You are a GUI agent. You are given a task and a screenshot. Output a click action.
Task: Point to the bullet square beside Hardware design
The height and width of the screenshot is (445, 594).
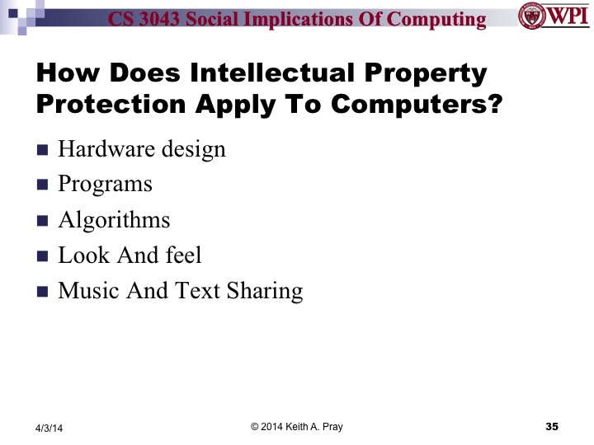point(43,151)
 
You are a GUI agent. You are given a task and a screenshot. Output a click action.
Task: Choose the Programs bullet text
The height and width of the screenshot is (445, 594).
point(105,185)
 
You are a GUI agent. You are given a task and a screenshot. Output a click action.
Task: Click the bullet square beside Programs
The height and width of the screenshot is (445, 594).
point(43,186)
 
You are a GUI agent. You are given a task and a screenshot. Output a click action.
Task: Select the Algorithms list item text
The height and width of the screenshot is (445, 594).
point(114,220)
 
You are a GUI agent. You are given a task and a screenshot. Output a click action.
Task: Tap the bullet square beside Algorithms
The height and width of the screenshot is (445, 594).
point(43,222)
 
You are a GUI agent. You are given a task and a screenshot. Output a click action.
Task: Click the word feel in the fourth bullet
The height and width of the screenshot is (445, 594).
point(183,255)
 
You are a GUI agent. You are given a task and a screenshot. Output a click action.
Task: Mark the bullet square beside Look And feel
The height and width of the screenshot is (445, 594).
point(43,257)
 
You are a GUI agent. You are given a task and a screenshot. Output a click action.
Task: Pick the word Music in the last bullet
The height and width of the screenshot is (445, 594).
point(87,291)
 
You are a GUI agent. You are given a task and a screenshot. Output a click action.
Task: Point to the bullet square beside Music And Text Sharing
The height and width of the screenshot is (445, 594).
point(43,293)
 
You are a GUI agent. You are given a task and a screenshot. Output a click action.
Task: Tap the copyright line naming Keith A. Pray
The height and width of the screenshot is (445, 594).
point(297,426)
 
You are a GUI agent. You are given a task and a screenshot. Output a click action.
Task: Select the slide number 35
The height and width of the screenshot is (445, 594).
point(552,426)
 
